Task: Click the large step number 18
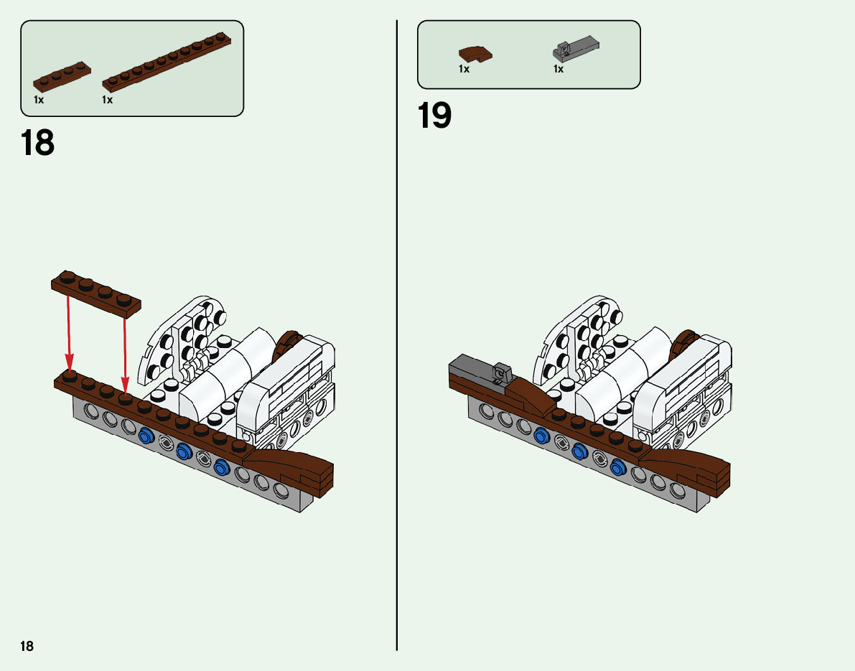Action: pos(37,143)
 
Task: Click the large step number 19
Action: pos(434,116)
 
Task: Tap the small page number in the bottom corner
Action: pos(27,646)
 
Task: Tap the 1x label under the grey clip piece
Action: pos(558,70)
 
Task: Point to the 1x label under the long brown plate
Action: pos(107,100)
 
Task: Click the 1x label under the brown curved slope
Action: pos(464,70)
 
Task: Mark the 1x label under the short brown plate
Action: pos(39,100)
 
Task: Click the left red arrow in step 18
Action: pos(69,330)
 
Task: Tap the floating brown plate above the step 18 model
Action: pos(96,294)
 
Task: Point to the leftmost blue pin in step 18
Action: pos(147,434)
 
